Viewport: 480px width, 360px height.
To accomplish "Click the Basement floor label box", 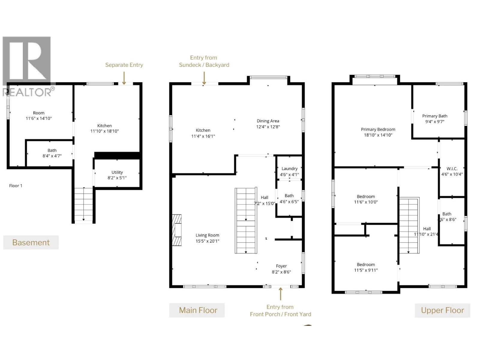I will click(x=31, y=242).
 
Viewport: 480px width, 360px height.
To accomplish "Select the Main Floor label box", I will click(x=197, y=310).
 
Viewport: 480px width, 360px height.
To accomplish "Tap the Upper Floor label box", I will click(x=442, y=310).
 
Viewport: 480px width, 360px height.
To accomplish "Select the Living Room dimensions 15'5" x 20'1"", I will click(x=207, y=241).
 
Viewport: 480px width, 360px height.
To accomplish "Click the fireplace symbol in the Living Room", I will click(x=177, y=230).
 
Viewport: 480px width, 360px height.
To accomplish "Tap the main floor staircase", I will click(x=246, y=221).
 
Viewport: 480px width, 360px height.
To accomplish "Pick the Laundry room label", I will click(x=289, y=169).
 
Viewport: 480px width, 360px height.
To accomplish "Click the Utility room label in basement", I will click(x=117, y=172).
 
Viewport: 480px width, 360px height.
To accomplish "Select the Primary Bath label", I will click(x=434, y=116).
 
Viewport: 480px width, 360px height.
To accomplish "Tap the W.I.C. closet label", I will click(x=452, y=169).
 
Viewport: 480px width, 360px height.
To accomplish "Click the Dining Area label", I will click(x=268, y=121).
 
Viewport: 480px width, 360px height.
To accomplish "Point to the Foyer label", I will click(x=281, y=266).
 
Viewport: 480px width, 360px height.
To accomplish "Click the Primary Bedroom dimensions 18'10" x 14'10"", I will click(x=378, y=135).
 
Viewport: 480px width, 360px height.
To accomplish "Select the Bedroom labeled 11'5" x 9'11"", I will click(x=366, y=267).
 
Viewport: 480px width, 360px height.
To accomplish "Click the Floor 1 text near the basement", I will click(x=16, y=186).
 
